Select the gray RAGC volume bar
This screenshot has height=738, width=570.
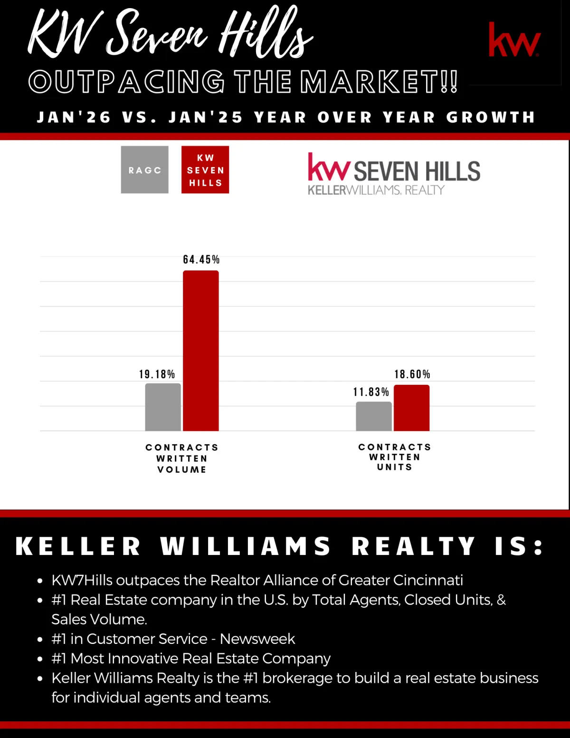click(x=163, y=407)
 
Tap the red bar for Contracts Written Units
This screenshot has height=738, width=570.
click(x=412, y=408)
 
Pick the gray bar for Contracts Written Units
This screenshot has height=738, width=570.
click(x=374, y=416)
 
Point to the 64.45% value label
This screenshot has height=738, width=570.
click(x=201, y=259)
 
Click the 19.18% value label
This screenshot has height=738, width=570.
click(x=157, y=374)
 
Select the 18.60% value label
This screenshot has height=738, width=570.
click(x=412, y=374)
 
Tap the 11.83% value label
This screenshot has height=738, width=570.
click(x=371, y=392)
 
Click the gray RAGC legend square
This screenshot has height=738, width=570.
click(x=145, y=170)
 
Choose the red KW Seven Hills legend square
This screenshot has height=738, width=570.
click(x=205, y=170)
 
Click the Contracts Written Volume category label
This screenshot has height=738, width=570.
click(x=182, y=459)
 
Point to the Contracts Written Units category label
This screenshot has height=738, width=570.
click(x=395, y=457)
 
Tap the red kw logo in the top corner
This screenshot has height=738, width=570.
click(x=514, y=40)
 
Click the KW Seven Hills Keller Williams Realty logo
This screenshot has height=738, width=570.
click(x=394, y=174)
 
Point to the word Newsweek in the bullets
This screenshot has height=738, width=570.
click(x=257, y=639)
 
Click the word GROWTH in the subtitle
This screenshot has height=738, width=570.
click(x=491, y=117)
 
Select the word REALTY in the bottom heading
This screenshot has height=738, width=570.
click(x=413, y=546)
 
